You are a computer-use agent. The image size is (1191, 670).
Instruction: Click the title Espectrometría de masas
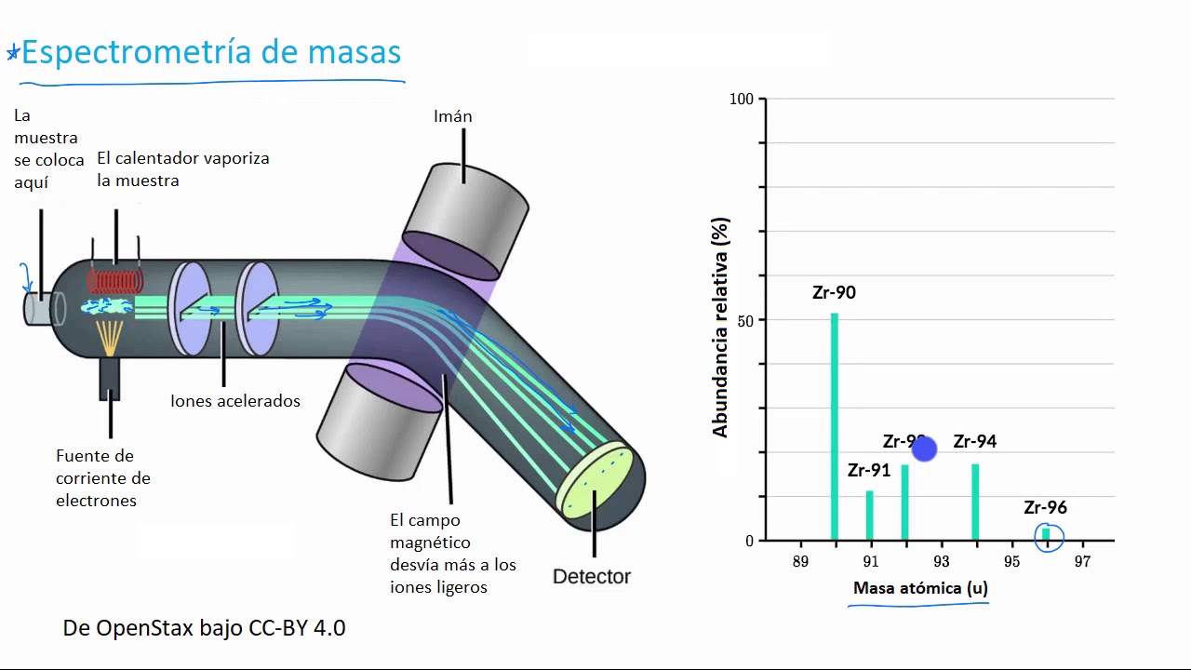click(x=210, y=52)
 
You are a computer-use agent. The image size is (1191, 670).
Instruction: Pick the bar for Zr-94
click(x=975, y=502)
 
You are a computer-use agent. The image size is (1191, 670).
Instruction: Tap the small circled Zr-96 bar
click(x=1047, y=533)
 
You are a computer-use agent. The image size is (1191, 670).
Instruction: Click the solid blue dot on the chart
click(x=924, y=449)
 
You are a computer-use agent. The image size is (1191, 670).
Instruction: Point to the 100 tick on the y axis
click(x=742, y=99)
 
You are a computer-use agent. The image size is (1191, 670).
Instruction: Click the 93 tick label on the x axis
click(x=941, y=562)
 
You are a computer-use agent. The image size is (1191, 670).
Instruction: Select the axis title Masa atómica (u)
click(x=920, y=588)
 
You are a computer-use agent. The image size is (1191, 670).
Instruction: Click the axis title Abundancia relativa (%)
click(x=720, y=327)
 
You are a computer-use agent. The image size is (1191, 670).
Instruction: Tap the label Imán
click(x=453, y=116)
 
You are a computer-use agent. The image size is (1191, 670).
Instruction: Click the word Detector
click(x=592, y=577)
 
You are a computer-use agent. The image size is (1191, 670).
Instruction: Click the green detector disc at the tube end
click(x=596, y=481)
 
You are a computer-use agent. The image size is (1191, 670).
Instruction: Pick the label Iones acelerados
click(x=235, y=401)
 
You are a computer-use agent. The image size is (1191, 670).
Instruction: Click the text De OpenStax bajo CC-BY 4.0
click(x=204, y=628)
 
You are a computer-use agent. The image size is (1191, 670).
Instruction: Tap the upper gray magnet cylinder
click(x=466, y=221)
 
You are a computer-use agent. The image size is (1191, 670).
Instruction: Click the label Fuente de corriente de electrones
click(x=103, y=478)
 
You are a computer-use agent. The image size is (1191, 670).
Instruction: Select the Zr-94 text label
click(x=975, y=442)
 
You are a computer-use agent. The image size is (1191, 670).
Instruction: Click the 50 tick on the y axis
click(x=746, y=320)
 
